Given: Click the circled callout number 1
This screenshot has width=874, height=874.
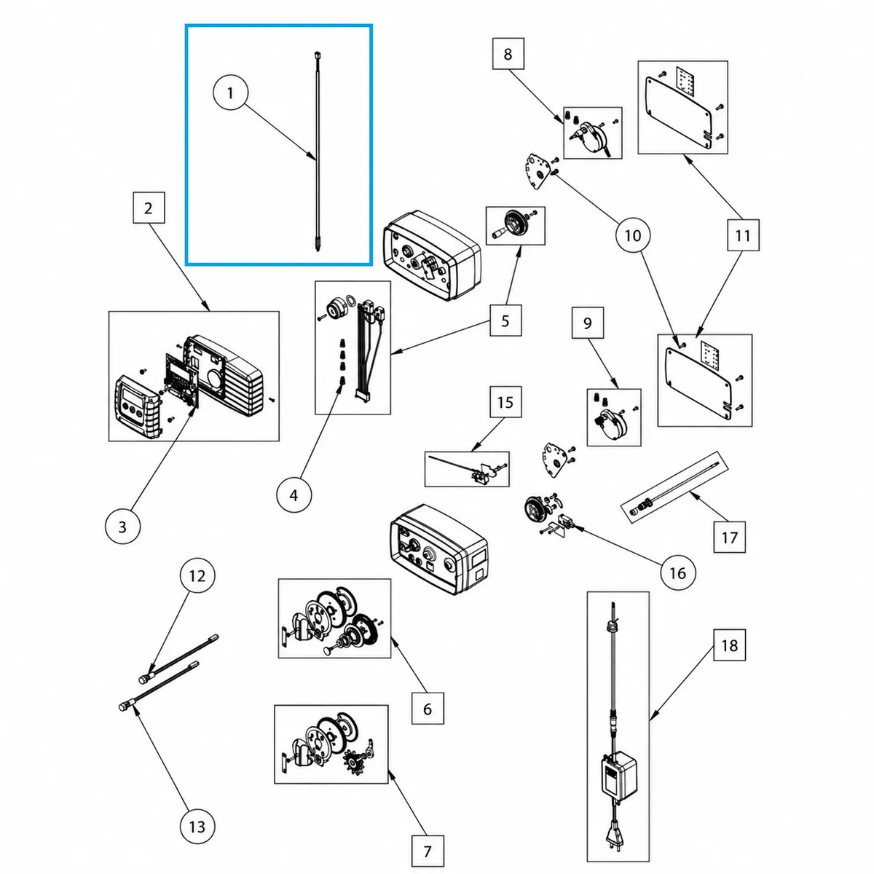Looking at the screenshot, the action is click(230, 93).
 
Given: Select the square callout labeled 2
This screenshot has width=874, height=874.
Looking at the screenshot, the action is click(149, 208).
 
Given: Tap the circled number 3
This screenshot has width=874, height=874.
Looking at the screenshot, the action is click(122, 527).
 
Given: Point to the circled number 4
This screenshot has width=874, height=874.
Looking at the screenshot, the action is click(294, 495).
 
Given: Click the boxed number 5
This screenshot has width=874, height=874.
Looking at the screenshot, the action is click(505, 320).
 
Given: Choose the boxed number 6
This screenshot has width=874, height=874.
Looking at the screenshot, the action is click(428, 709).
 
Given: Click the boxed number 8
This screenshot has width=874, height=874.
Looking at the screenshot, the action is click(508, 54).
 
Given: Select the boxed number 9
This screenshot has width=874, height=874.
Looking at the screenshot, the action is click(587, 323).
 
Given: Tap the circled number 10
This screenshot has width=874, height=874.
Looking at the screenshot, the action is click(633, 235).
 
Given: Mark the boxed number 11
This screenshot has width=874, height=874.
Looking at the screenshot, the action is click(743, 235).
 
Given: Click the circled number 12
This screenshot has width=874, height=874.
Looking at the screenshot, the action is click(197, 575).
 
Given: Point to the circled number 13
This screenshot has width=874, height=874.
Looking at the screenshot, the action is click(197, 827).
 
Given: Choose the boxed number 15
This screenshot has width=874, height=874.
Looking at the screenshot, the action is click(505, 402).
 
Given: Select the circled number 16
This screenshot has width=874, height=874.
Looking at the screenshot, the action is click(677, 573).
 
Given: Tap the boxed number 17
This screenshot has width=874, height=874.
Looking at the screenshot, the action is click(729, 537).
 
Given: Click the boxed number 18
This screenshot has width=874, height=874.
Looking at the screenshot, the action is click(729, 645).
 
